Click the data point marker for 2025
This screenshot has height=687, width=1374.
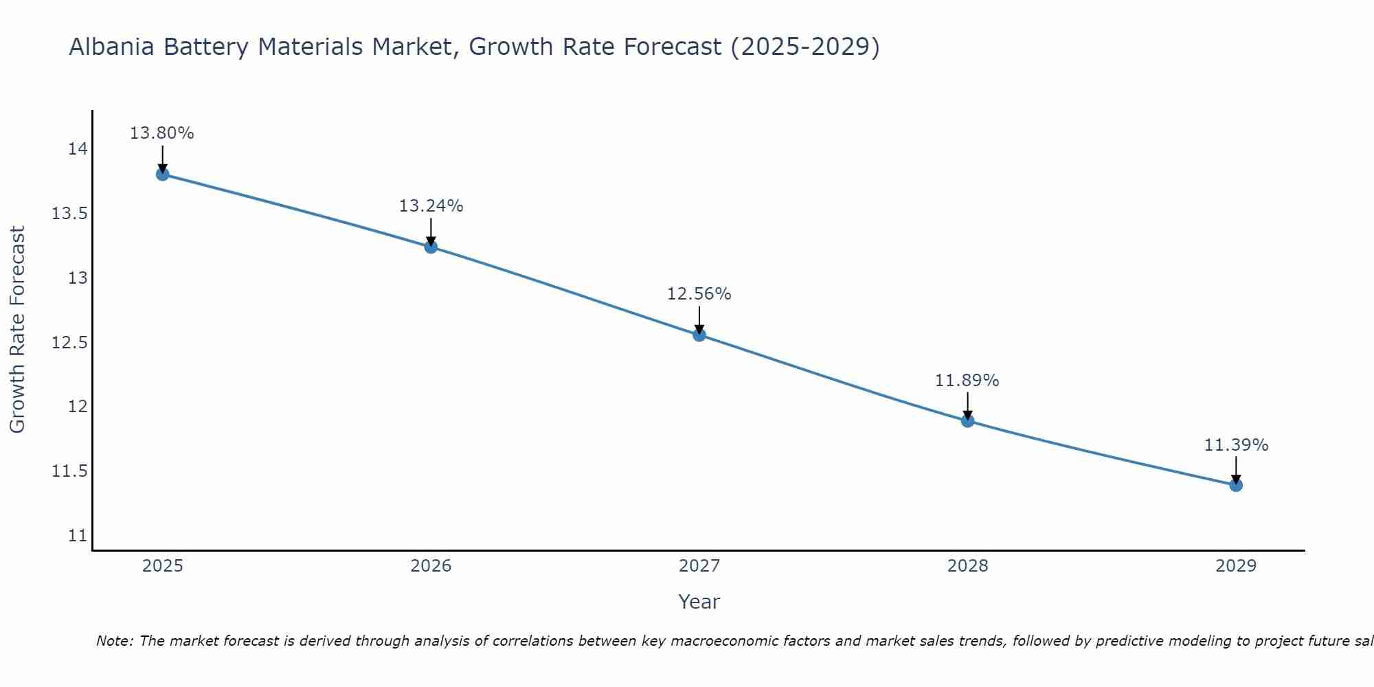(162, 174)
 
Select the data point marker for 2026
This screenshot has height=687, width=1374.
(431, 247)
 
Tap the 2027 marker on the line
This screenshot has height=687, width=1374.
(699, 335)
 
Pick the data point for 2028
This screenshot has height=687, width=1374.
(967, 420)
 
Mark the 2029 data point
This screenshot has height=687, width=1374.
(1236, 485)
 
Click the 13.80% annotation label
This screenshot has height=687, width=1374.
(162, 133)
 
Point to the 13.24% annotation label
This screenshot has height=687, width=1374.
(431, 206)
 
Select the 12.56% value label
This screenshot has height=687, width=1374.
(699, 294)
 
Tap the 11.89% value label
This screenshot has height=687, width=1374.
(967, 381)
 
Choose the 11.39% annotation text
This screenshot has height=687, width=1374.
(1236, 445)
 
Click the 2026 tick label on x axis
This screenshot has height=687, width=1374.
(431, 566)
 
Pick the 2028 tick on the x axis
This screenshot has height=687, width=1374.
(967, 566)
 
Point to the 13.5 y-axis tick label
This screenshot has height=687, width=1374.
(69, 214)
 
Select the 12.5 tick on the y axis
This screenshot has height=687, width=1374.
(69, 343)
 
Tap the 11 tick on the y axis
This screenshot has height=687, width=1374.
(78, 536)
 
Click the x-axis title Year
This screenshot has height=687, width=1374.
(699, 602)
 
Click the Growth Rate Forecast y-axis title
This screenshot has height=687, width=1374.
(17, 330)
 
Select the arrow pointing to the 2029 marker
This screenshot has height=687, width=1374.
(1236, 469)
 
